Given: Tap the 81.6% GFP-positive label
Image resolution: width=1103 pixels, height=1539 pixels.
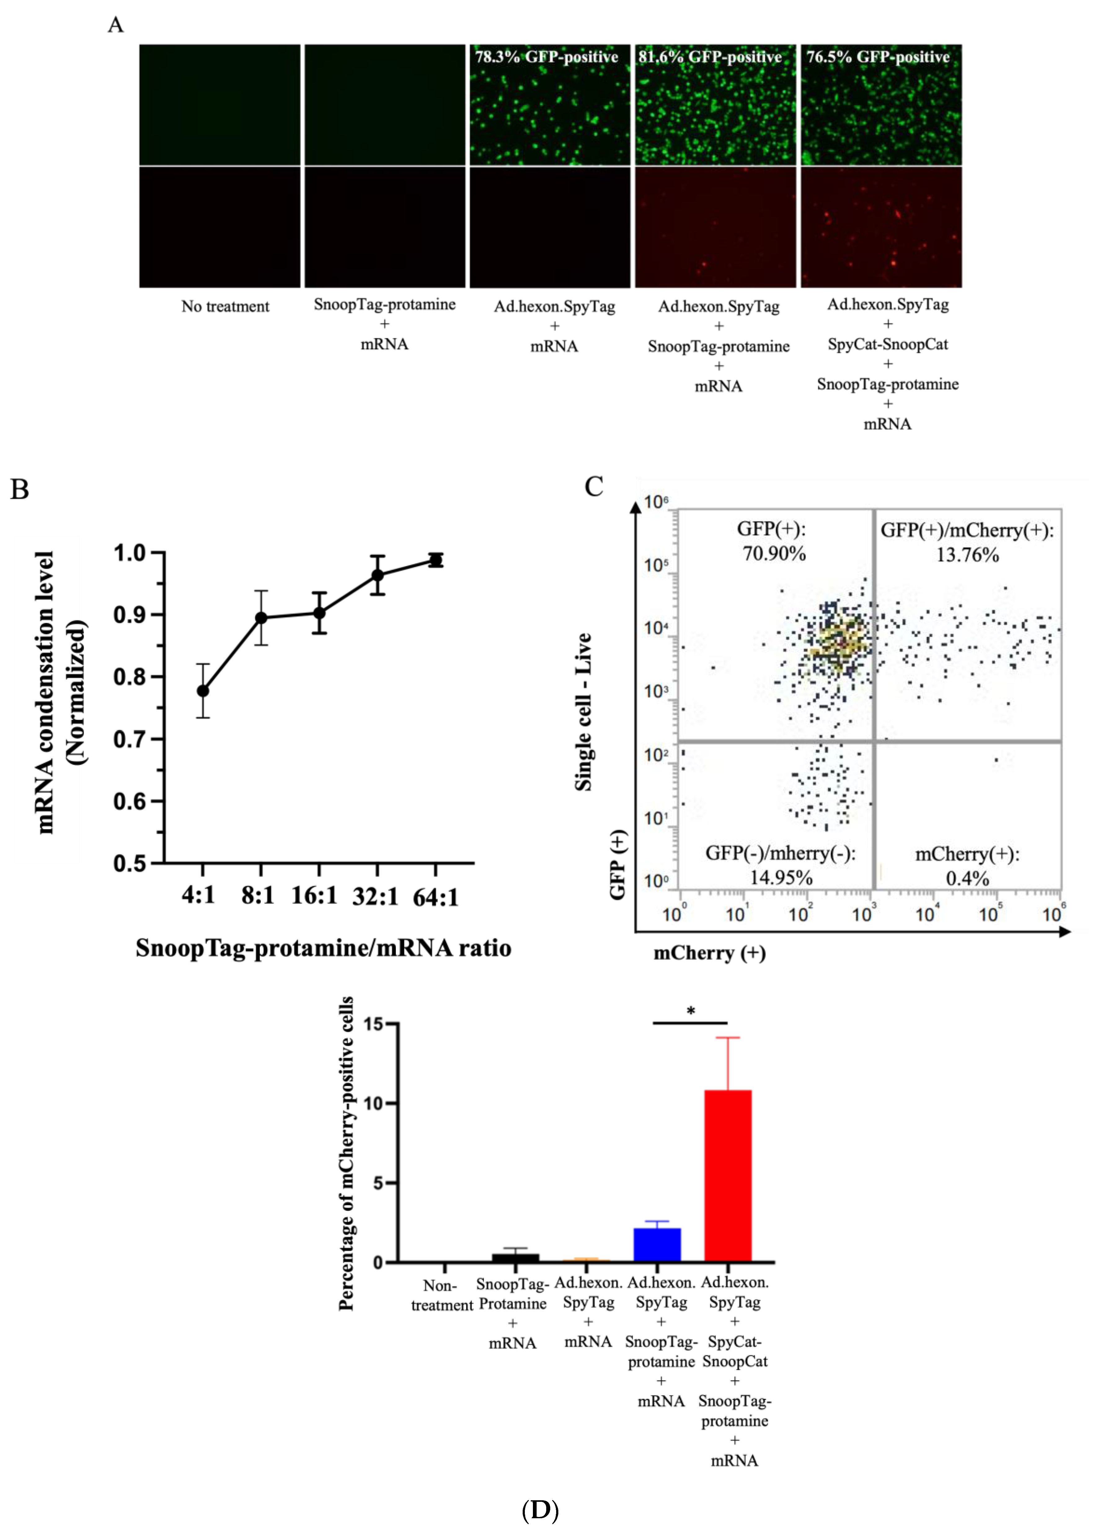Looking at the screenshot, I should (710, 57).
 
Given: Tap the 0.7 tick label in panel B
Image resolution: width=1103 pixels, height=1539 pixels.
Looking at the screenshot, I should (129, 739).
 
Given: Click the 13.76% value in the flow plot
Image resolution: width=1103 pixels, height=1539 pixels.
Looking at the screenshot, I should (967, 555).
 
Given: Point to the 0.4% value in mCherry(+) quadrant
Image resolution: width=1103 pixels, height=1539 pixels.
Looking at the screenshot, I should (967, 878).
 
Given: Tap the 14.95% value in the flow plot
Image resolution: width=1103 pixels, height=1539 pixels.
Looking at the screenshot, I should (781, 878).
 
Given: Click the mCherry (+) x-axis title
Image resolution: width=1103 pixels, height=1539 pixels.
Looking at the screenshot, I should (709, 953).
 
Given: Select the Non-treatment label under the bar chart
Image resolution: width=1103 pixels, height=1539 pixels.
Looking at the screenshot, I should (441, 1295).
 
